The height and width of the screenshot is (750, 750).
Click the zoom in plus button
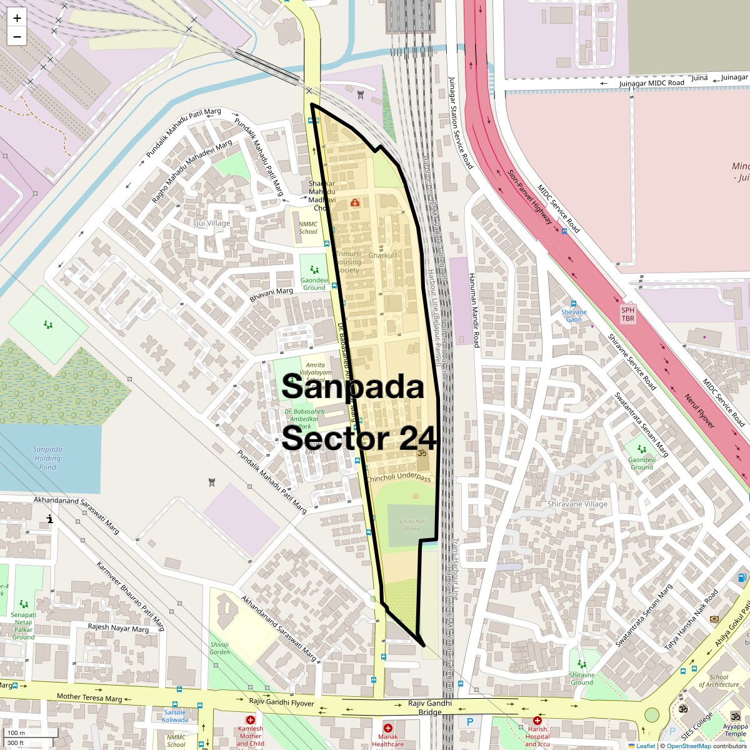coord(17,18)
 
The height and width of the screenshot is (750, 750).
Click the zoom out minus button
coord(17,36)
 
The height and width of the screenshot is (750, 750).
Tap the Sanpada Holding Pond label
coord(47,458)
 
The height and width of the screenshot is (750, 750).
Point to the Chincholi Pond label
coord(412,525)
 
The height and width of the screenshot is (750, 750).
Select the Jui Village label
coord(212,223)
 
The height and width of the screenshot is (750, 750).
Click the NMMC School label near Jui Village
coord(308,227)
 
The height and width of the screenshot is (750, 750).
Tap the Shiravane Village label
coord(577,504)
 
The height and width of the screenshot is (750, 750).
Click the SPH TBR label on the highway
coord(627,314)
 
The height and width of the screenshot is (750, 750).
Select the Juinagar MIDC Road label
coord(651,82)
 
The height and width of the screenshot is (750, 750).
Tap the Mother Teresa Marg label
coord(89,697)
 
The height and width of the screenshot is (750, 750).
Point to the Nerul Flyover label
coord(698,411)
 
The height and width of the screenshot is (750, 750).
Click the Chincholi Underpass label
coord(399,478)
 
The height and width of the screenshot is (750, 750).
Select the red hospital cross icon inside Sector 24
coord(355,202)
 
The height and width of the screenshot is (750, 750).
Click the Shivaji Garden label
coord(219,648)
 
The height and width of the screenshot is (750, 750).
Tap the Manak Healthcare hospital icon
coord(387,728)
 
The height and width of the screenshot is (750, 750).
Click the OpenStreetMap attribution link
coord(688,746)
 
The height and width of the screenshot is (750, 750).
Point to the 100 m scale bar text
coord(17,733)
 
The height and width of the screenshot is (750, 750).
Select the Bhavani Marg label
coord(271,295)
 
